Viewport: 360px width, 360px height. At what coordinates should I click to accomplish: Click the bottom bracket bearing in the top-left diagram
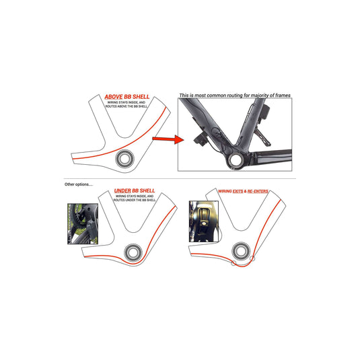[x=126, y=159]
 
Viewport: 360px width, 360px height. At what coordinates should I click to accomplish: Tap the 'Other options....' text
[x=80, y=184]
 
